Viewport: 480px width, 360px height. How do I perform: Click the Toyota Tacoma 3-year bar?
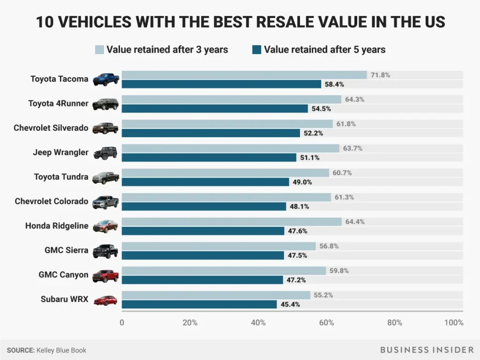pos(244,75)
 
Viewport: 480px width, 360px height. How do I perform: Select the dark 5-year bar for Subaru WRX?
pos(199,304)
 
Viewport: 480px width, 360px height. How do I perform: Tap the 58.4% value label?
pos(335,84)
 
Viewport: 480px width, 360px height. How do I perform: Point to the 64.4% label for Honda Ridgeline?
pos(354,222)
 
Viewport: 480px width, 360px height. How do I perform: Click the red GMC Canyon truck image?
pos(105,276)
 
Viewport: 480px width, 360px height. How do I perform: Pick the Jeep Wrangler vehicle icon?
pos(105,153)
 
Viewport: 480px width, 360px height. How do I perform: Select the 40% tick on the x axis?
pos(258,322)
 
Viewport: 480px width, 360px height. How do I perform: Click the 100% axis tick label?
pos(453,322)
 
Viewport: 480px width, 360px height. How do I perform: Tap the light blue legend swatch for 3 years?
pos(99,50)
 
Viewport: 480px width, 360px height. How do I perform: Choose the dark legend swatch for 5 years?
pos(256,50)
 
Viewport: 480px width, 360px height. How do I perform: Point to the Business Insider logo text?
pos(427,350)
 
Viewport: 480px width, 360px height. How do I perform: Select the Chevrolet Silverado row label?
pos(51,128)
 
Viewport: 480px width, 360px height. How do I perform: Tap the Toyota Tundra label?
pos(61,177)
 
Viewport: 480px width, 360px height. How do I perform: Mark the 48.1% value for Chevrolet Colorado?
pos(299,207)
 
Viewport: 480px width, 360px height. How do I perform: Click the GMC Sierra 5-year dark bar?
pos(202,255)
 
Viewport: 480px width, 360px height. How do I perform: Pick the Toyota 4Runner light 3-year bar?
pos(232,99)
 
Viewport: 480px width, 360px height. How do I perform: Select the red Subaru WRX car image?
pos(105,300)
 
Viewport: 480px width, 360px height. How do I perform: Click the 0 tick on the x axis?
pos(122,322)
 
